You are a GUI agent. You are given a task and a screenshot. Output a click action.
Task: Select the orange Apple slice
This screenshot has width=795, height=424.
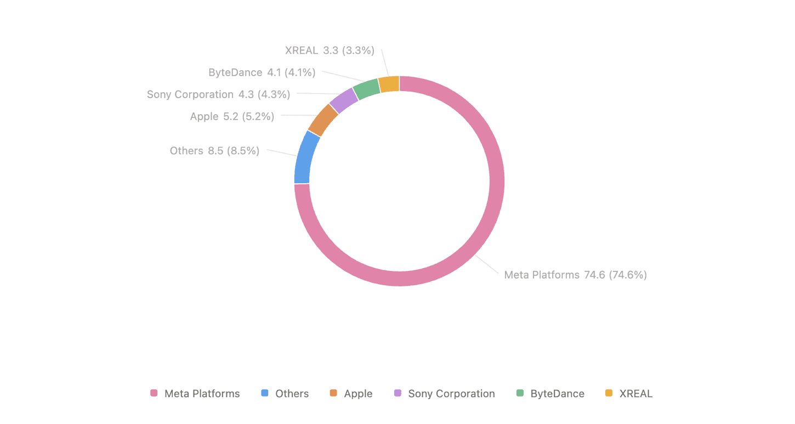click(x=323, y=120)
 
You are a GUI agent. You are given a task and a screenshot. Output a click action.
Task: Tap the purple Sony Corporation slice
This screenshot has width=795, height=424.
click(x=344, y=100)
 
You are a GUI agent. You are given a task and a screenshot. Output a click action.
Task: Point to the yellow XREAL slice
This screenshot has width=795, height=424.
click(x=389, y=84)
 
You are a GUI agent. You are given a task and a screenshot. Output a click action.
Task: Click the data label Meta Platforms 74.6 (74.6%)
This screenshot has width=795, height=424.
click(x=575, y=275)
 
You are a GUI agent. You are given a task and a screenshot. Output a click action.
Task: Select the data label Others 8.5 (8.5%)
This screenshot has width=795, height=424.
click(x=214, y=151)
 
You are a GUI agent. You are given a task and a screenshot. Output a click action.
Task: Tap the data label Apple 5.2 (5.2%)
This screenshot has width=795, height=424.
click(x=232, y=116)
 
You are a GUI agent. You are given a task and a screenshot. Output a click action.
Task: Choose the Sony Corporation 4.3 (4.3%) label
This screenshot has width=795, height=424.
click(x=218, y=94)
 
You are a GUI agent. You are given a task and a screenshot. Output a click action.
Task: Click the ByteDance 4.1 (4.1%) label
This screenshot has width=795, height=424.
click(x=262, y=72)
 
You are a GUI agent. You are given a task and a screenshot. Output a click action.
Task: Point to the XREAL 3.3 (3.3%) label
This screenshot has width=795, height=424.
click(x=330, y=50)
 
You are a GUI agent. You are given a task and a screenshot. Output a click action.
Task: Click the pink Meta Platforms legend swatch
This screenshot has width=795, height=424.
click(x=154, y=393)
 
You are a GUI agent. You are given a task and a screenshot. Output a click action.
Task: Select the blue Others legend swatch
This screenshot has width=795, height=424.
click(x=265, y=393)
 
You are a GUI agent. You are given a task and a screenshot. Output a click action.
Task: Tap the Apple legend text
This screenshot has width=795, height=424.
click(x=358, y=394)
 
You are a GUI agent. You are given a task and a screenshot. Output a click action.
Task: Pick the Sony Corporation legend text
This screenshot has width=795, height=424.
click(x=451, y=394)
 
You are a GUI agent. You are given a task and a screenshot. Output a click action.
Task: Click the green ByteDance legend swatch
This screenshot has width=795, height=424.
click(x=520, y=393)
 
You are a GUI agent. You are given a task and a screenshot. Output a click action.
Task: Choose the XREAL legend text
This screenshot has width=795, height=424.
click(x=635, y=394)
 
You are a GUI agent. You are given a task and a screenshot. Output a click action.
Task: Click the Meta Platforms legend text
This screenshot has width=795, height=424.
click(x=202, y=394)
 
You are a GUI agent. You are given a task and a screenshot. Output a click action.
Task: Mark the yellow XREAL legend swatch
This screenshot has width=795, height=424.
click(x=609, y=393)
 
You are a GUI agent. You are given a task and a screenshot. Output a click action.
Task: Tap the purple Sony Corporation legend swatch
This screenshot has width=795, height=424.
click(x=397, y=393)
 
